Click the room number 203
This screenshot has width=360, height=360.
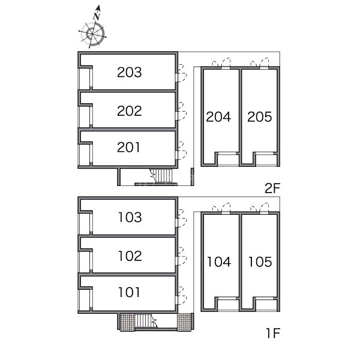(x=129, y=72)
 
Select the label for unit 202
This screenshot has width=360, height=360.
(x=129, y=110)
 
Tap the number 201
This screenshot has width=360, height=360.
(x=128, y=147)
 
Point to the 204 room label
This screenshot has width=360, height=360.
(x=218, y=116)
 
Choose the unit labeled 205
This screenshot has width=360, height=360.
(x=260, y=116)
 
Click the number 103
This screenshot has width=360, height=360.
(x=130, y=217)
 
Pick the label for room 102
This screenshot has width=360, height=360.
(x=130, y=256)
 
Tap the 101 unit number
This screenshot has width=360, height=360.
(x=129, y=292)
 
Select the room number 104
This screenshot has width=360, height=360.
(x=219, y=262)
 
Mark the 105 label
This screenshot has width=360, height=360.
(x=260, y=262)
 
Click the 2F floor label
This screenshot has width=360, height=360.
(x=272, y=188)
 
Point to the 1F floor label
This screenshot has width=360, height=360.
(x=273, y=333)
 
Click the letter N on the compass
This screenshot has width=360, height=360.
(x=97, y=16)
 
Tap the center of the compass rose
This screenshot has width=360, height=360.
(x=92, y=34)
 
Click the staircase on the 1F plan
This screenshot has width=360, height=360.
(x=146, y=321)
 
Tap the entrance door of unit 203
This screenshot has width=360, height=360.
(x=182, y=73)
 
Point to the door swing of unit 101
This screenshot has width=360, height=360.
(x=182, y=295)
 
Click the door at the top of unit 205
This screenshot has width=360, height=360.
(x=260, y=62)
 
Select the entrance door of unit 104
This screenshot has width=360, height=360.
(x=221, y=208)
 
